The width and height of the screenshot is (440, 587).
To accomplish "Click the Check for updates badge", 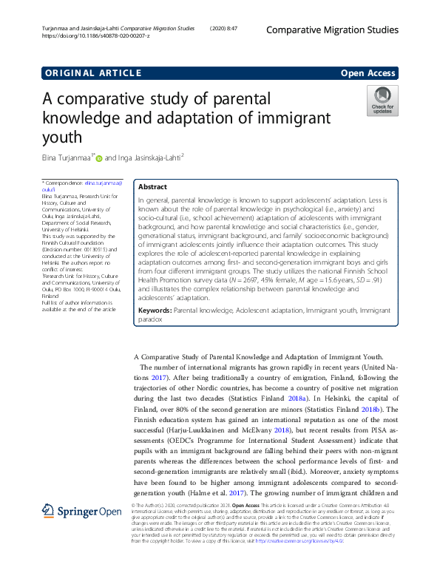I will [x=382, y=100].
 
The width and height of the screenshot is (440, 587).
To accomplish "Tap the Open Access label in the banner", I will [x=368, y=72].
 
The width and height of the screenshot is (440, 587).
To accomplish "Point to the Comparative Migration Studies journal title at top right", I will [x=331, y=30].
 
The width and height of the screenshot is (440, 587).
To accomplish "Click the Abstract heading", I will [x=152, y=187].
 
